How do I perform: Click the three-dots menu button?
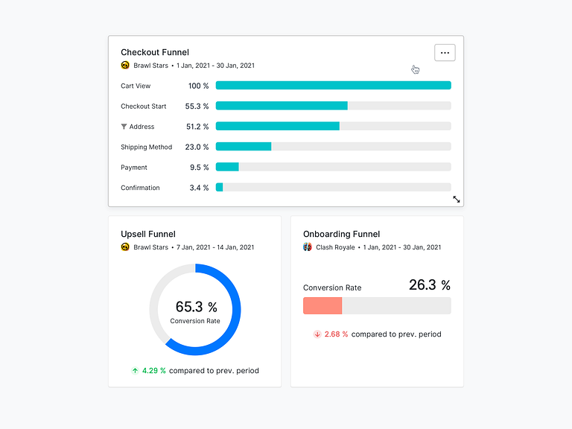pyautogui.click(x=445, y=53)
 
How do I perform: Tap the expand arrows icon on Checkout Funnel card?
pyautogui.click(x=457, y=200)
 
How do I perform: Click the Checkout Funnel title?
pyautogui.click(x=155, y=52)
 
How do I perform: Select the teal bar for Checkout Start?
pyautogui.click(x=282, y=106)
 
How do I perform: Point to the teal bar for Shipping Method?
pyautogui.click(x=244, y=147)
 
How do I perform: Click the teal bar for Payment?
pyautogui.click(x=227, y=167)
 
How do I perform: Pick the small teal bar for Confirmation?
pyautogui.click(x=220, y=188)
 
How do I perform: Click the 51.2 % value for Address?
pyautogui.click(x=197, y=127)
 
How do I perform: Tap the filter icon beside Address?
pyautogui.click(x=124, y=127)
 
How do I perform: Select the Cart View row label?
pyautogui.click(x=136, y=86)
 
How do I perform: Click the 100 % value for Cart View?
pyautogui.click(x=198, y=86)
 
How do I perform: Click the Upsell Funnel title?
pyautogui.click(x=148, y=234)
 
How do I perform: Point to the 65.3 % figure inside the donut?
pyautogui.click(x=196, y=307)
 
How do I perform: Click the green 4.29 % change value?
pyautogui.click(x=154, y=370)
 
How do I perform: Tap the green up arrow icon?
pyautogui.click(x=135, y=370)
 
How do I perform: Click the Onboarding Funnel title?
pyautogui.click(x=341, y=234)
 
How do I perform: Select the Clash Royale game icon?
pyautogui.click(x=308, y=247)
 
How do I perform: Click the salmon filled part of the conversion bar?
pyautogui.click(x=322, y=305)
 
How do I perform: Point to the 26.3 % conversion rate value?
pyautogui.click(x=430, y=285)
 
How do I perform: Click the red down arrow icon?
pyautogui.click(x=317, y=334)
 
